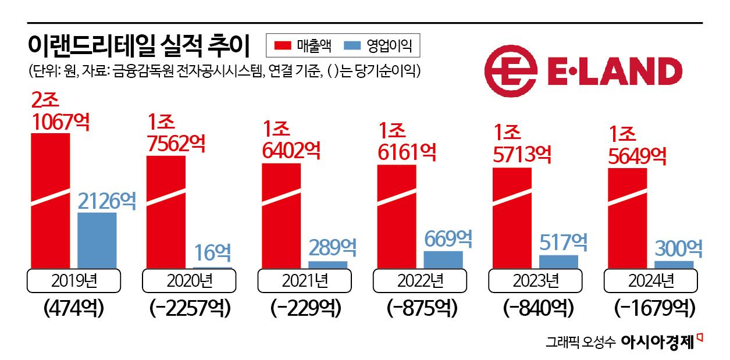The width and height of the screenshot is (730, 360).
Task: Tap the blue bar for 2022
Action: [x=443, y=259]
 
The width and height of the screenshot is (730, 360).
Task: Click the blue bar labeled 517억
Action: [x=558, y=261]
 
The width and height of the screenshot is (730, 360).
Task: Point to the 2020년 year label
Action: [x=189, y=281]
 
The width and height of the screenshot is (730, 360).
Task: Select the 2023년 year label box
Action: [x=535, y=281]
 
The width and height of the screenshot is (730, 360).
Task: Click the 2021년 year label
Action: [x=304, y=281]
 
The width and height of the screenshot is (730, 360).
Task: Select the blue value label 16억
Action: [x=212, y=252]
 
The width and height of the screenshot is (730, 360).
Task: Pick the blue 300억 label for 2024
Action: [x=678, y=248]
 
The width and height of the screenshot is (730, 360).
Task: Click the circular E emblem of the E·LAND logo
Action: [x=510, y=72]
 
